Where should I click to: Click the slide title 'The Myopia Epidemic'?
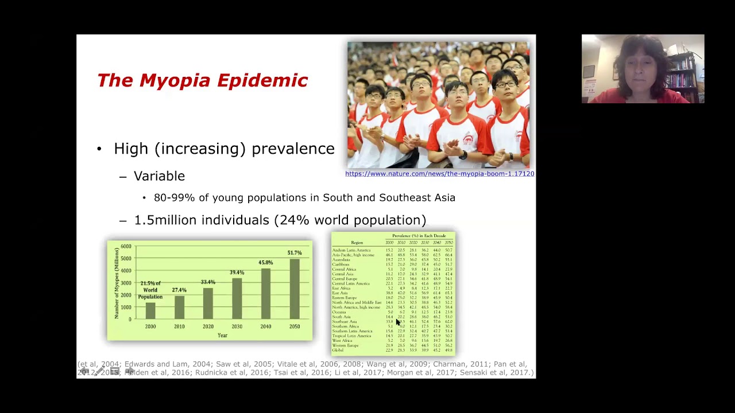coord(202,80)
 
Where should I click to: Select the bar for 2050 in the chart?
coord(294,289)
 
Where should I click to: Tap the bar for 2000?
coord(150,310)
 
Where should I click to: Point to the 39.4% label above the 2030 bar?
coord(237,272)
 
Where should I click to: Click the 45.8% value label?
coord(265,263)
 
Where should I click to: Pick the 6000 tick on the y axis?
coord(126,247)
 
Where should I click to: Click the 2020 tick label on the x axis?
coord(208,326)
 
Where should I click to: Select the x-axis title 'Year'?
coord(222,335)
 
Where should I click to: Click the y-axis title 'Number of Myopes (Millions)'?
coord(117,283)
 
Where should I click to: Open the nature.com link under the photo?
coord(439,174)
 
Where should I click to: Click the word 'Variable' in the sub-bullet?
coord(159,176)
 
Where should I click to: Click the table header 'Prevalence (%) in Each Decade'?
coord(419,236)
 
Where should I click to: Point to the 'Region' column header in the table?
coord(357,243)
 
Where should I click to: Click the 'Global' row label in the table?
coord(338,350)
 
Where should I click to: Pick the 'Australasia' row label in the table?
coord(341,260)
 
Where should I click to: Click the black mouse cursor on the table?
coord(398,323)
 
